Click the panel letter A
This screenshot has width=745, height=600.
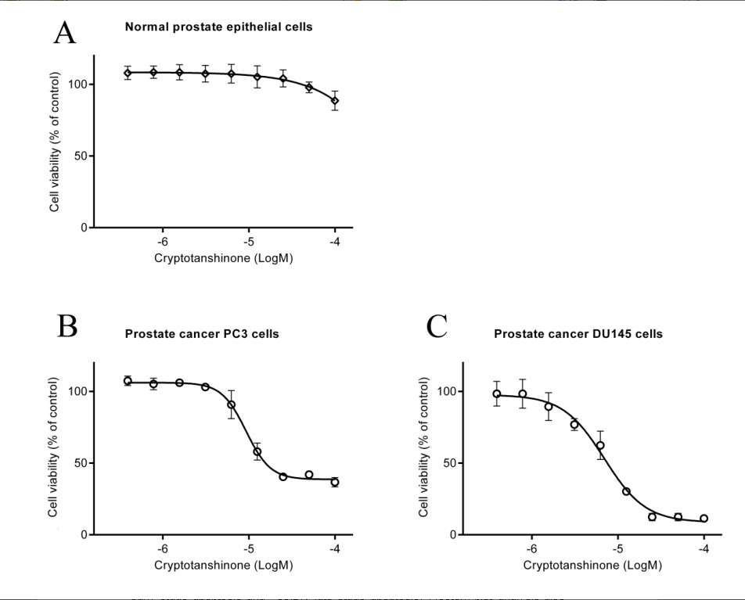click(65, 33)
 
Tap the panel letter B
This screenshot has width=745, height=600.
click(67, 326)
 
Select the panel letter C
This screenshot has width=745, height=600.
click(437, 326)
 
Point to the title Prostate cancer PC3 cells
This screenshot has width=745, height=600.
click(202, 334)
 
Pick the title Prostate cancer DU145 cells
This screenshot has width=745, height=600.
click(578, 334)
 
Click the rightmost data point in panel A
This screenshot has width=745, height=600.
click(335, 101)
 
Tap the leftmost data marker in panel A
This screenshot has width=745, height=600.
click(128, 73)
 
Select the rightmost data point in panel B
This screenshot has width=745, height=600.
click(335, 482)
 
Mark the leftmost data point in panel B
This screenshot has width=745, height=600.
click(128, 381)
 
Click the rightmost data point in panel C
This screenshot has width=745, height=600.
click(704, 518)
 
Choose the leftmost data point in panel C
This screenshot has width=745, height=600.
click(497, 393)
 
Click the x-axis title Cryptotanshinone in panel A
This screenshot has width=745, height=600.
click(223, 258)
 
